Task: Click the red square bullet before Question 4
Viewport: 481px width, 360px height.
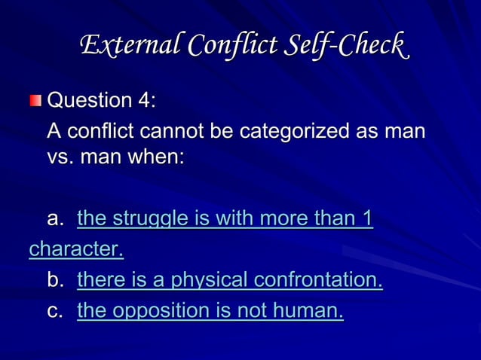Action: pyautogui.click(x=36, y=101)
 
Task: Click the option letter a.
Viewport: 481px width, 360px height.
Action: pyautogui.click(x=55, y=219)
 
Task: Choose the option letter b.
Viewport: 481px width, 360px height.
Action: pyautogui.click(x=55, y=280)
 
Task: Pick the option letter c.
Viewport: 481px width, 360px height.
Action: pyautogui.click(x=55, y=310)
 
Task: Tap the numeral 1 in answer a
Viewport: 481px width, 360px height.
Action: pyautogui.click(x=366, y=218)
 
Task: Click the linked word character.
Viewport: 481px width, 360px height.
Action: pyautogui.click(x=76, y=249)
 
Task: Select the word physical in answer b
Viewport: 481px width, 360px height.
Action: pyautogui.click(x=210, y=280)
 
